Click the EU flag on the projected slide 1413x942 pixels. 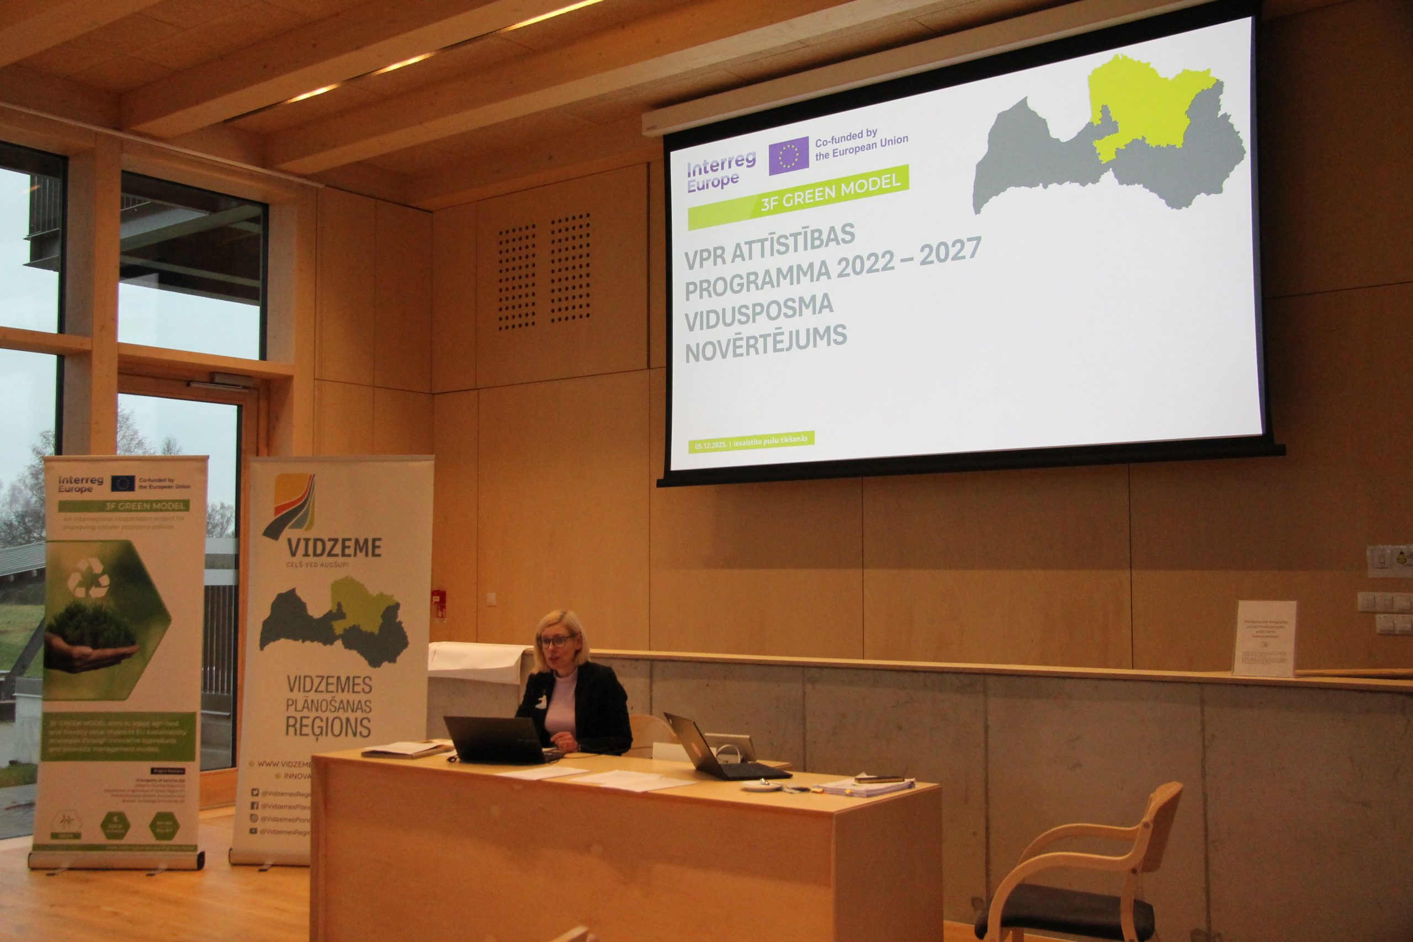(x=788, y=156)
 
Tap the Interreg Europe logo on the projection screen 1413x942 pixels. (x=721, y=168)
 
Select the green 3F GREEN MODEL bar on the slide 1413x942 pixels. (x=799, y=196)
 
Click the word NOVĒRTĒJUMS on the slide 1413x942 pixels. (x=766, y=343)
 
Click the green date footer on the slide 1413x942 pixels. (x=751, y=441)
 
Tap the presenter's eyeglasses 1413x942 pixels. (x=556, y=641)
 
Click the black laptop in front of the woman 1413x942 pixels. (x=496, y=740)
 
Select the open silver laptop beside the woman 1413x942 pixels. (x=709, y=751)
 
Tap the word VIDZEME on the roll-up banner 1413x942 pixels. (x=334, y=547)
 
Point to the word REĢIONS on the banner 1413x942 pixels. (x=328, y=727)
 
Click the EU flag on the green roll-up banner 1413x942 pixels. (x=123, y=482)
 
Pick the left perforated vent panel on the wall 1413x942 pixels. (x=516, y=276)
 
